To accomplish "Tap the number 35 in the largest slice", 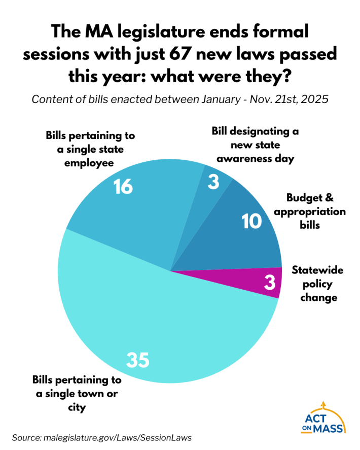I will click(137, 360).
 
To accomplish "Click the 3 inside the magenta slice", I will click(269, 283).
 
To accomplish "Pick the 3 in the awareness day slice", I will click(213, 182).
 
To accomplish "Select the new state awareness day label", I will click(255, 145).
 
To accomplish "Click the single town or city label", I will click(77, 394).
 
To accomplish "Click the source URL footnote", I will click(102, 437).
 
